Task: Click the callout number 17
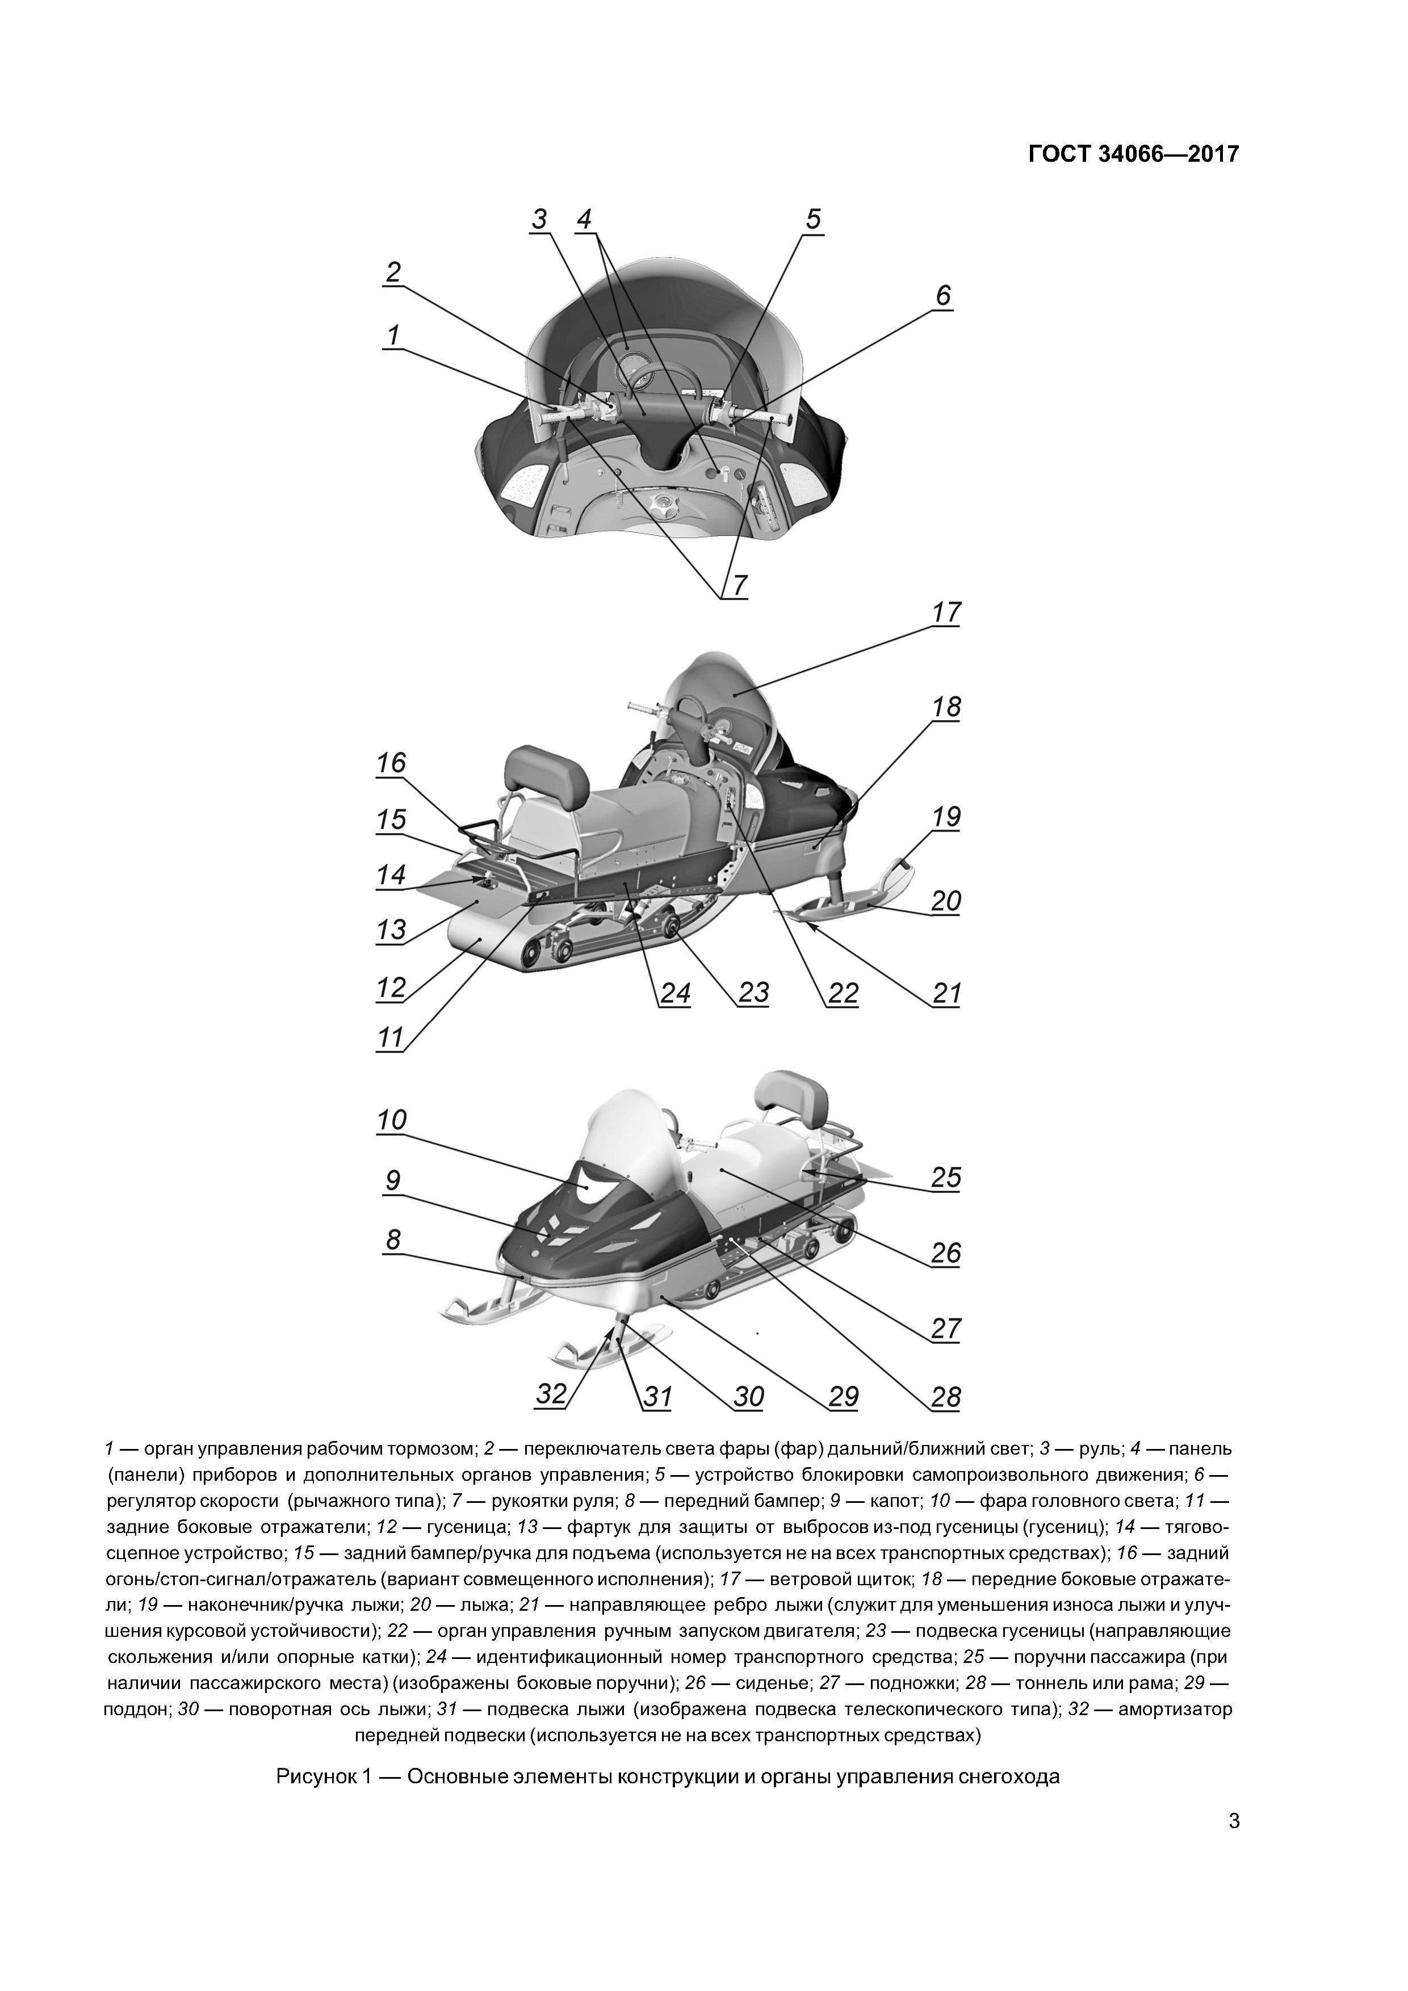[x=946, y=613]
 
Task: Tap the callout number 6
[x=943, y=296]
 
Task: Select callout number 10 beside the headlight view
[x=391, y=1120]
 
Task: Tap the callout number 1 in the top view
[x=393, y=335]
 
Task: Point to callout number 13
[x=391, y=930]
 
